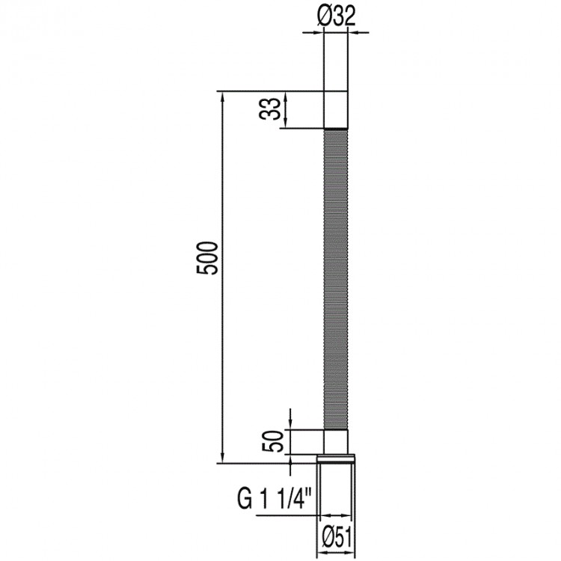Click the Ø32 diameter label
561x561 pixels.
click(x=336, y=16)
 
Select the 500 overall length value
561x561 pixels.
click(x=207, y=258)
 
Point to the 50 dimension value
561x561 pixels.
click(x=274, y=441)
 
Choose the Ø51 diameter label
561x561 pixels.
click(x=337, y=536)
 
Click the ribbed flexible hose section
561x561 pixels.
click(x=336, y=279)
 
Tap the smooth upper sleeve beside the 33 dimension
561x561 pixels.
click(x=336, y=109)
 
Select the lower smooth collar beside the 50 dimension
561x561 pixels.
click(x=336, y=442)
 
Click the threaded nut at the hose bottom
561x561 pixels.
click(x=336, y=459)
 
